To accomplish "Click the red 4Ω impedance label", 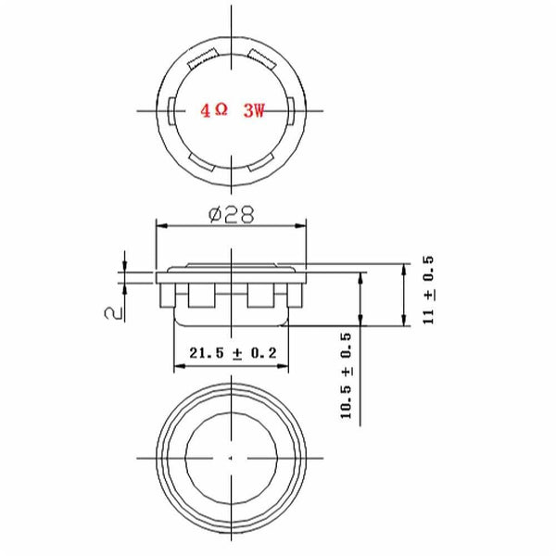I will coord(214,110).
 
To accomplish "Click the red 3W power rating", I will coord(253,110).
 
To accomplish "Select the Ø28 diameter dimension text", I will coord(232,214).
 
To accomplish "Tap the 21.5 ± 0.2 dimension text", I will coord(230,353).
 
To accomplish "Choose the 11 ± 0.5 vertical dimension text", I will coord(428,290).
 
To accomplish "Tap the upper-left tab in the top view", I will coord(200,63).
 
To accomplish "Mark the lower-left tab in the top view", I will coord(200,161).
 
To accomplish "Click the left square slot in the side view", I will coord(200,296).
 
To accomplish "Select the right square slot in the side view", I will coord(261,296).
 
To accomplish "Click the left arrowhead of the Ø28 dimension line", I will coord(159,225).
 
